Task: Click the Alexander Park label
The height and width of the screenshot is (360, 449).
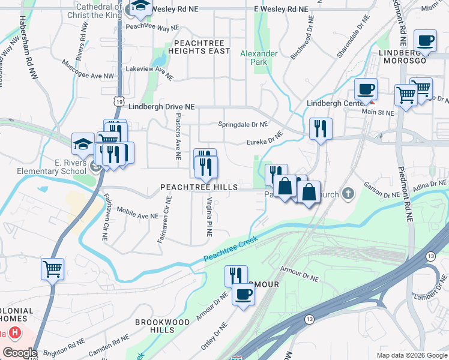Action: pyautogui.click(x=259, y=58)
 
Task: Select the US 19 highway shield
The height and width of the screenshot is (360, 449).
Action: pyautogui.click(x=120, y=103)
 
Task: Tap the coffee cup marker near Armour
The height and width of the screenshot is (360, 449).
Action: pyautogui.click(x=243, y=294)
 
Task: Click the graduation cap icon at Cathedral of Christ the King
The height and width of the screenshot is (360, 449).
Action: pyautogui.click(x=140, y=7)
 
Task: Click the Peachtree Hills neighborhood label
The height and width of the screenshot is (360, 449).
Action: pyautogui.click(x=199, y=188)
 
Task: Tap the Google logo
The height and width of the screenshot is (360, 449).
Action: pyautogui.click(x=19, y=353)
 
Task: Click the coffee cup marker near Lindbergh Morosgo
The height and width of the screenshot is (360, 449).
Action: pyautogui.click(x=426, y=41)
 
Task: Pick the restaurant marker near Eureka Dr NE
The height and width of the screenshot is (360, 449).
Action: pyautogui.click(x=321, y=128)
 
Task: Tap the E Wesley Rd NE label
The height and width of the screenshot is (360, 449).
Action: pyautogui.click(x=281, y=9)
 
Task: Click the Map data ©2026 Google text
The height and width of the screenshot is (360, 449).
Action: pyautogui.click(x=411, y=355)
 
